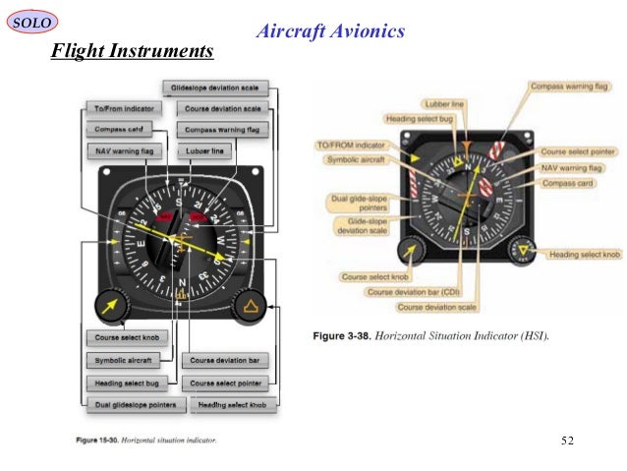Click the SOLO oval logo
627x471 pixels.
pyautogui.click(x=31, y=21)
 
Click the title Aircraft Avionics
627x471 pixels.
pyautogui.click(x=329, y=31)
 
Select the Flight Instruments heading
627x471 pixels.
pyautogui.click(x=132, y=50)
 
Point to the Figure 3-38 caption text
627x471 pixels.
pyautogui.click(x=430, y=336)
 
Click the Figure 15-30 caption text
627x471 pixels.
pyautogui.click(x=146, y=439)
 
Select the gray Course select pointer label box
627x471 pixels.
pyautogui.click(x=227, y=383)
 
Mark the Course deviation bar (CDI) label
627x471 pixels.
pyautogui.click(x=413, y=292)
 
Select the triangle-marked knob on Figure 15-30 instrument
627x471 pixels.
pyautogui.click(x=251, y=308)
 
